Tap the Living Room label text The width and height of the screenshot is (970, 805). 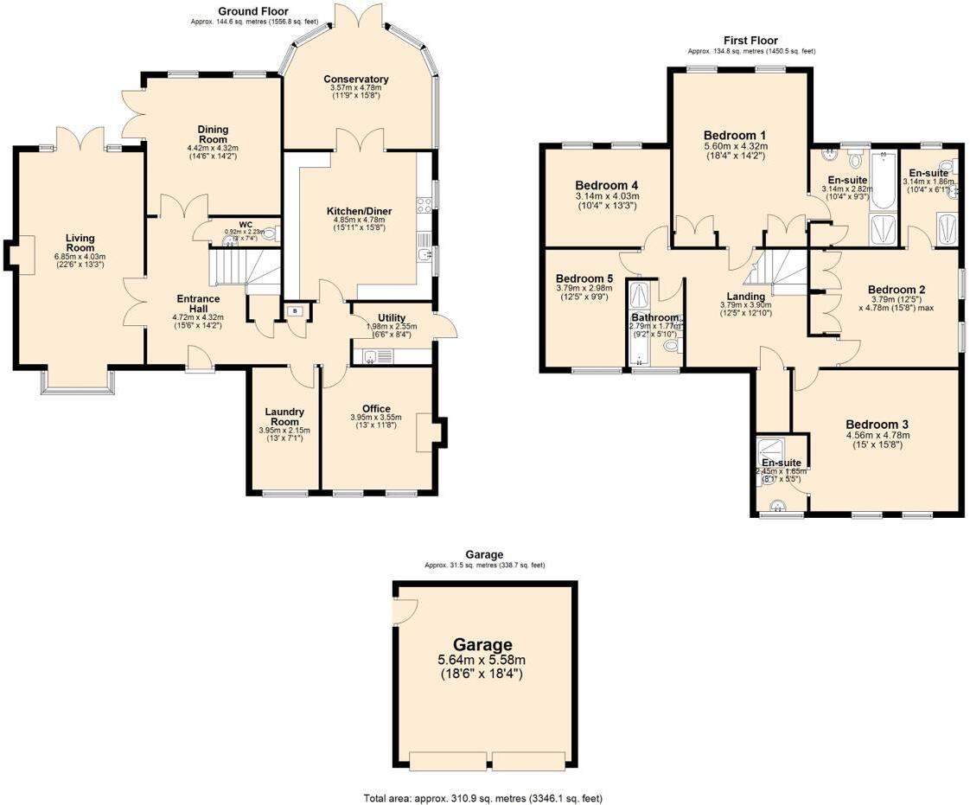pyautogui.click(x=80, y=243)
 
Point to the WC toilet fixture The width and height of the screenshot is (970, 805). pyautogui.click(x=270, y=233)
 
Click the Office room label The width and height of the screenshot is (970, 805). pyautogui.click(x=376, y=409)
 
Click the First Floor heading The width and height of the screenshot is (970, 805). pyautogui.click(x=750, y=41)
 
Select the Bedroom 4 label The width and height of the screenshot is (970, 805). pyautogui.click(x=606, y=185)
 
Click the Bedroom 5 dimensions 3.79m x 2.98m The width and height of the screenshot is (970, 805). pyautogui.click(x=584, y=289)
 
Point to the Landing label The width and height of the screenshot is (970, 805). pyautogui.click(x=743, y=297)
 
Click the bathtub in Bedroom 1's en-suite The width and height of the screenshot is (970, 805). pyautogui.click(x=883, y=182)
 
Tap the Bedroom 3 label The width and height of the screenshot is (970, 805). pyautogui.click(x=877, y=425)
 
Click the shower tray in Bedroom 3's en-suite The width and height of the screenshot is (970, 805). pyautogui.click(x=768, y=450)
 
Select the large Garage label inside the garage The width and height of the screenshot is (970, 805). pyautogui.click(x=482, y=644)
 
